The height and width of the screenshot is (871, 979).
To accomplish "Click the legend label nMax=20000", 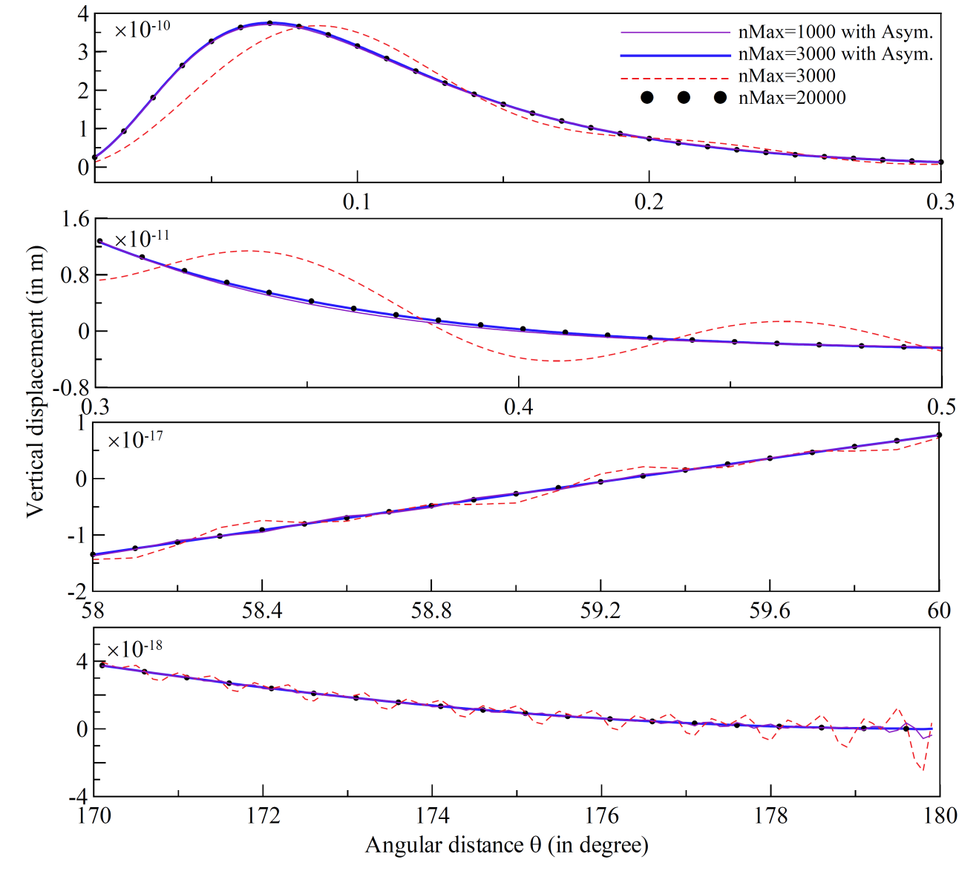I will point(792,98).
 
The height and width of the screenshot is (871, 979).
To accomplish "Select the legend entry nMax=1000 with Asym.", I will point(835,33).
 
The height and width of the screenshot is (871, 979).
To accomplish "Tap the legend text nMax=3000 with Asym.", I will point(835,54).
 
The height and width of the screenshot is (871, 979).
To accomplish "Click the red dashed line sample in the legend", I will point(675,77).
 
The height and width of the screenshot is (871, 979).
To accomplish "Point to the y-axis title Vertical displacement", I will point(35,381).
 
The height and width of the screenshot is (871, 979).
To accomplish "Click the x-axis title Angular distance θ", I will point(506,845).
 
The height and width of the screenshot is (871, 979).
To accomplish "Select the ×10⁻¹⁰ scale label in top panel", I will point(142,29).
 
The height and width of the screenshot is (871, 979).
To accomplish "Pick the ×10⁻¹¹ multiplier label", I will point(142,239).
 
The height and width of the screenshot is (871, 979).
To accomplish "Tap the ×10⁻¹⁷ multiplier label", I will point(135,440).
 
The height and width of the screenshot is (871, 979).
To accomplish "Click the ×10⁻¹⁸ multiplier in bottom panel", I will point(134,649).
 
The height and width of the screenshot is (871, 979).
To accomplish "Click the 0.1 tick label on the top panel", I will point(357,202).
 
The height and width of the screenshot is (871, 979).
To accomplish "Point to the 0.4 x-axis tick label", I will point(518,407).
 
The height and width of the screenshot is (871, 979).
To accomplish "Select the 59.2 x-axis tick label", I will point(600,611).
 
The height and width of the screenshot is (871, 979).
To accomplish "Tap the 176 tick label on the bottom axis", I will point(601,816).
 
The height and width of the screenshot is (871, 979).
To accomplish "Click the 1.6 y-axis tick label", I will point(75,220).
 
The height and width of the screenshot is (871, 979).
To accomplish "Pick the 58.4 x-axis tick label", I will point(262,611).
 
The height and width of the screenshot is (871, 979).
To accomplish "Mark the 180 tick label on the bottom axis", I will point(940,816).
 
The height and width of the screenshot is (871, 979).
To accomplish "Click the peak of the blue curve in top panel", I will point(270,23).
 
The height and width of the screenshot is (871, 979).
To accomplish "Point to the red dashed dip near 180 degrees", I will point(923,769).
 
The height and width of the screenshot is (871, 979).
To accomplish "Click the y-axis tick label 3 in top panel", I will point(83,52).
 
